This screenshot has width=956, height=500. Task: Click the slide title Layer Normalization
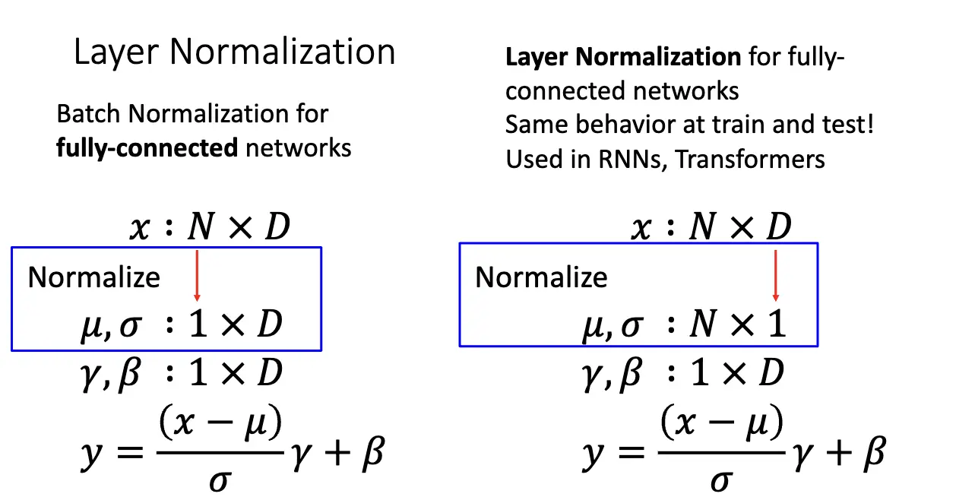pos(234,52)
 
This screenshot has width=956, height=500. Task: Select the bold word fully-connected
pos(147,146)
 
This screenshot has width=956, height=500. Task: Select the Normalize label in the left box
pos(94,277)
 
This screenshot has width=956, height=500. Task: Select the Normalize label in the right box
pos(541,277)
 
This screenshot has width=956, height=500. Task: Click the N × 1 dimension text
pos(737,325)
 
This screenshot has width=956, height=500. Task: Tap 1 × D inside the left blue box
pos(236,324)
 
